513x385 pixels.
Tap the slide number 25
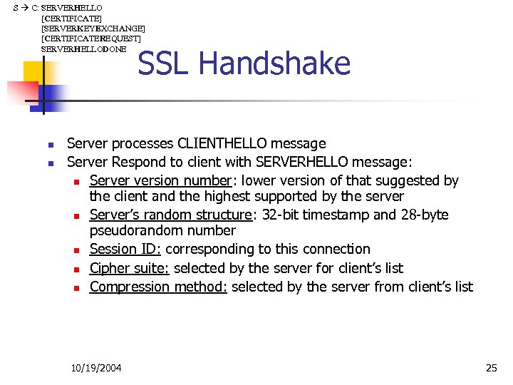pos(491,368)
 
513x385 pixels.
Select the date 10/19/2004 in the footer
pos(96,368)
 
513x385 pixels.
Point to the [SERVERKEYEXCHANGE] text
pos(93,28)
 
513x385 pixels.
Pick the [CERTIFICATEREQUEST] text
pos(91,38)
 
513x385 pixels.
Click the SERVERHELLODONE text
pos(84,48)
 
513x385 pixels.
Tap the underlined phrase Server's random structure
pos(170,215)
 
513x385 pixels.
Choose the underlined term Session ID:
pos(125,249)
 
